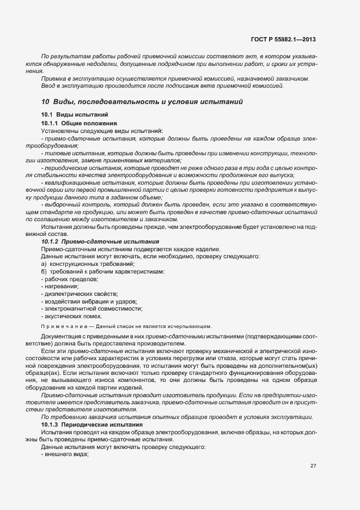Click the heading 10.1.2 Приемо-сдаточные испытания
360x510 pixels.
pyautogui.click(x=100, y=241)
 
